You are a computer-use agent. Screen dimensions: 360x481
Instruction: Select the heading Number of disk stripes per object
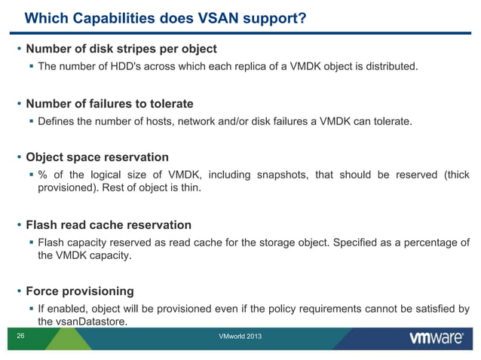[121, 49]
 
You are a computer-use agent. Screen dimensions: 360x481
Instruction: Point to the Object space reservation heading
[97, 157]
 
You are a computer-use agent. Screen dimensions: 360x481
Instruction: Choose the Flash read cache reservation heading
[109, 224]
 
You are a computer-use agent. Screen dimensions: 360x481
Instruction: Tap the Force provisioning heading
[80, 291]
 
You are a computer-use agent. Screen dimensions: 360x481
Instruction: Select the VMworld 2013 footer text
[240, 336]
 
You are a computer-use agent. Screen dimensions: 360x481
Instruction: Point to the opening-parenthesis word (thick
[456, 175]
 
